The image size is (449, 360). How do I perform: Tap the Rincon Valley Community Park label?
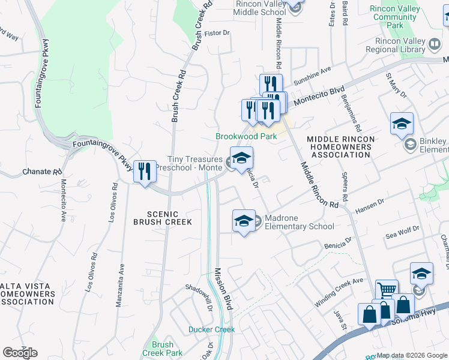coord(394,17)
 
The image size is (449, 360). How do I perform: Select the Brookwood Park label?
coord(246,136)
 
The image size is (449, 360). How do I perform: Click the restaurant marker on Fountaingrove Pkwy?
coord(145,172)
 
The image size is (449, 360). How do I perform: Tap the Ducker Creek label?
coord(211,329)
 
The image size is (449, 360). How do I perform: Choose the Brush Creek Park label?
coord(163,349)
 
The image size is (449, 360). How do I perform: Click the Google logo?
coord(20,352)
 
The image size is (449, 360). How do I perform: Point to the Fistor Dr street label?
coord(217,34)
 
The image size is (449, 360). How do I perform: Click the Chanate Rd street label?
coord(42,172)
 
